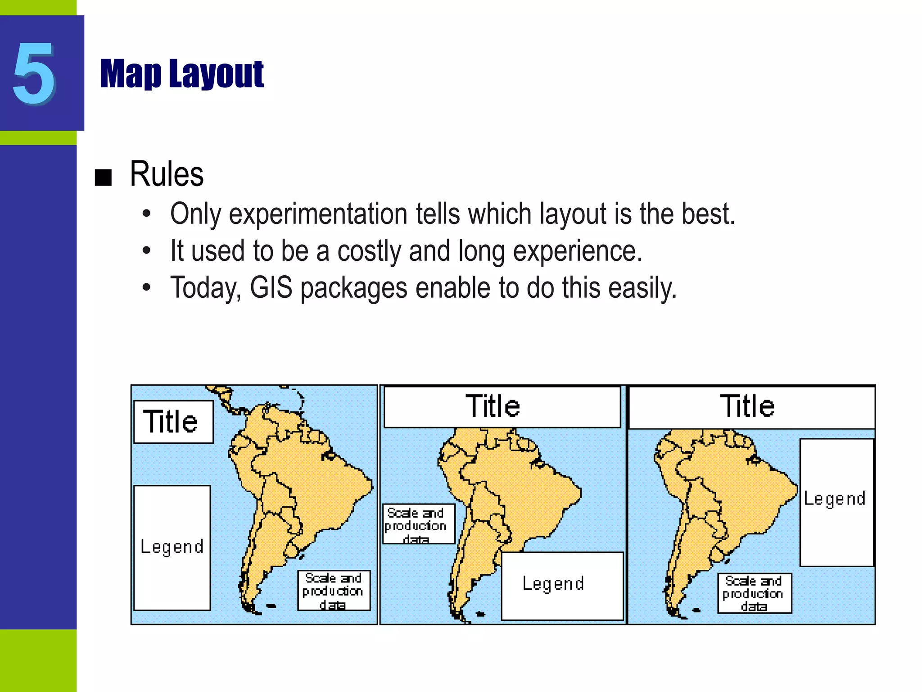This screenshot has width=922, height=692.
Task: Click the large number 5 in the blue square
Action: (34, 73)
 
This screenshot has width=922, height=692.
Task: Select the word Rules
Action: (167, 174)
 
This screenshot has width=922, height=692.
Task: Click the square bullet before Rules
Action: (103, 178)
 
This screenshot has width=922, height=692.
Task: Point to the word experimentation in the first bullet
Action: (318, 214)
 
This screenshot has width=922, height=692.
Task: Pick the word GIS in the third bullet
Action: (271, 288)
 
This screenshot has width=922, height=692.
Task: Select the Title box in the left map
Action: (173, 422)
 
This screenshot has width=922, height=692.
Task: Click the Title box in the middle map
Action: (502, 406)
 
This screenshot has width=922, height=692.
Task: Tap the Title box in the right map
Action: (751, 406)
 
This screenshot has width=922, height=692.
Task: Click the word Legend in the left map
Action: (172, 547)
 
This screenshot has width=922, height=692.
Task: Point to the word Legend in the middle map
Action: (553, 584)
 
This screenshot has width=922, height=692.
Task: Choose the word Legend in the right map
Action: (835, 499)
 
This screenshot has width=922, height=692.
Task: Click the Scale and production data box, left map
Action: (334, 591)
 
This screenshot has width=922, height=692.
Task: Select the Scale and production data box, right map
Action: (754, 593)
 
